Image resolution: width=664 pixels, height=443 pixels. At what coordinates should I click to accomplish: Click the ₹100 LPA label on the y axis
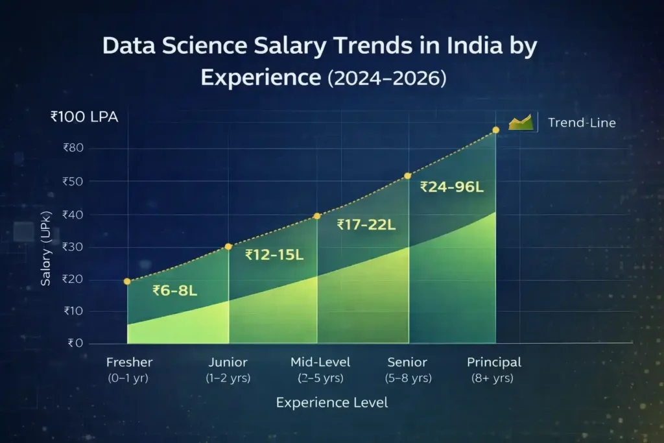84,117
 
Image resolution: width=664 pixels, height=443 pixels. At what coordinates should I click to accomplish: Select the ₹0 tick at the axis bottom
75,343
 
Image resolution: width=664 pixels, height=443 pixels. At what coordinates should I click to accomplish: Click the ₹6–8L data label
174,291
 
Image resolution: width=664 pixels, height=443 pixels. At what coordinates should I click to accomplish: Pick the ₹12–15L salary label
274,255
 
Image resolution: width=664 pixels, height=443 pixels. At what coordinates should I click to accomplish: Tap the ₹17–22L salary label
366,224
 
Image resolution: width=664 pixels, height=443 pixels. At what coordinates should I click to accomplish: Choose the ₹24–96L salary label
452,187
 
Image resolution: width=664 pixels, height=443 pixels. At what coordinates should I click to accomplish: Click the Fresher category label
128,363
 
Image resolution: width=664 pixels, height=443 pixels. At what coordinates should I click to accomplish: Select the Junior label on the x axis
228,363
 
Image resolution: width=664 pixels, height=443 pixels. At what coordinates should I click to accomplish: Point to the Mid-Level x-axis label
320,363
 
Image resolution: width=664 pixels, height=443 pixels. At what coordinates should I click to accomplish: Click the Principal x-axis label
494,363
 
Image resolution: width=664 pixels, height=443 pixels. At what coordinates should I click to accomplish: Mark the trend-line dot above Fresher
127,281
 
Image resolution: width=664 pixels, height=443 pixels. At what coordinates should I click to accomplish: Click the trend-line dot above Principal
496,130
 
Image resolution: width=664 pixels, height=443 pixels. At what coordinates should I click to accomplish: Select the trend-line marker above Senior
408,176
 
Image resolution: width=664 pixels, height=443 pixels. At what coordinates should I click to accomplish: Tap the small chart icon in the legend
520,121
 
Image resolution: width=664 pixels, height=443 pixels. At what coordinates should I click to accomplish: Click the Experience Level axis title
332,402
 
